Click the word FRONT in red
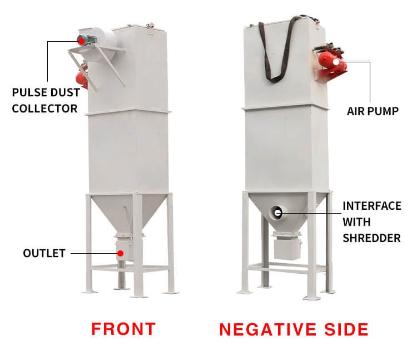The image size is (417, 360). coord(123,328)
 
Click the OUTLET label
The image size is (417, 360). coord(44,253)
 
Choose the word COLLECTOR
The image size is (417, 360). coord(44,108)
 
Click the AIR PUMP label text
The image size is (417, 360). coord(373,111)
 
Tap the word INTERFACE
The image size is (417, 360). coord(371,206)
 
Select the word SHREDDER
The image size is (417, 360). coord(371,238)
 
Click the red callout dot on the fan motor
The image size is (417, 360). coord(81,40)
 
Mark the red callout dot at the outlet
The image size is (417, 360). coord(120,253)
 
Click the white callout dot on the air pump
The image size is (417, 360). coord(336,62)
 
